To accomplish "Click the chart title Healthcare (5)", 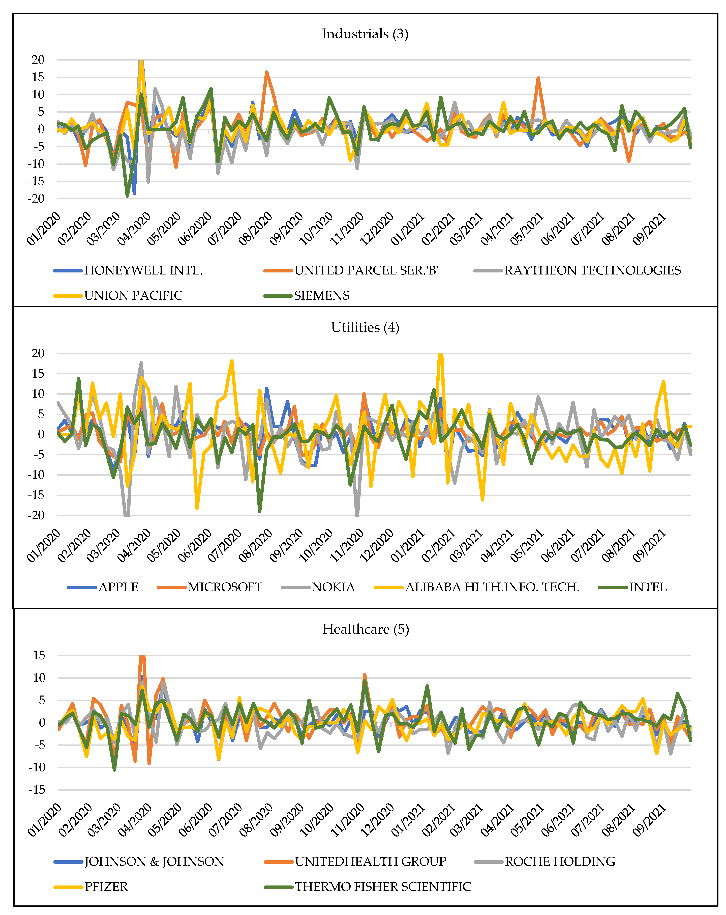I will pyautogui.click(x=366, y=629).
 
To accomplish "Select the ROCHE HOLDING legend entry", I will pyautogui.click(x=560, y=862).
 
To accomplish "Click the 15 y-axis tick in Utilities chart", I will pyautogui.click(x=38, y=373).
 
